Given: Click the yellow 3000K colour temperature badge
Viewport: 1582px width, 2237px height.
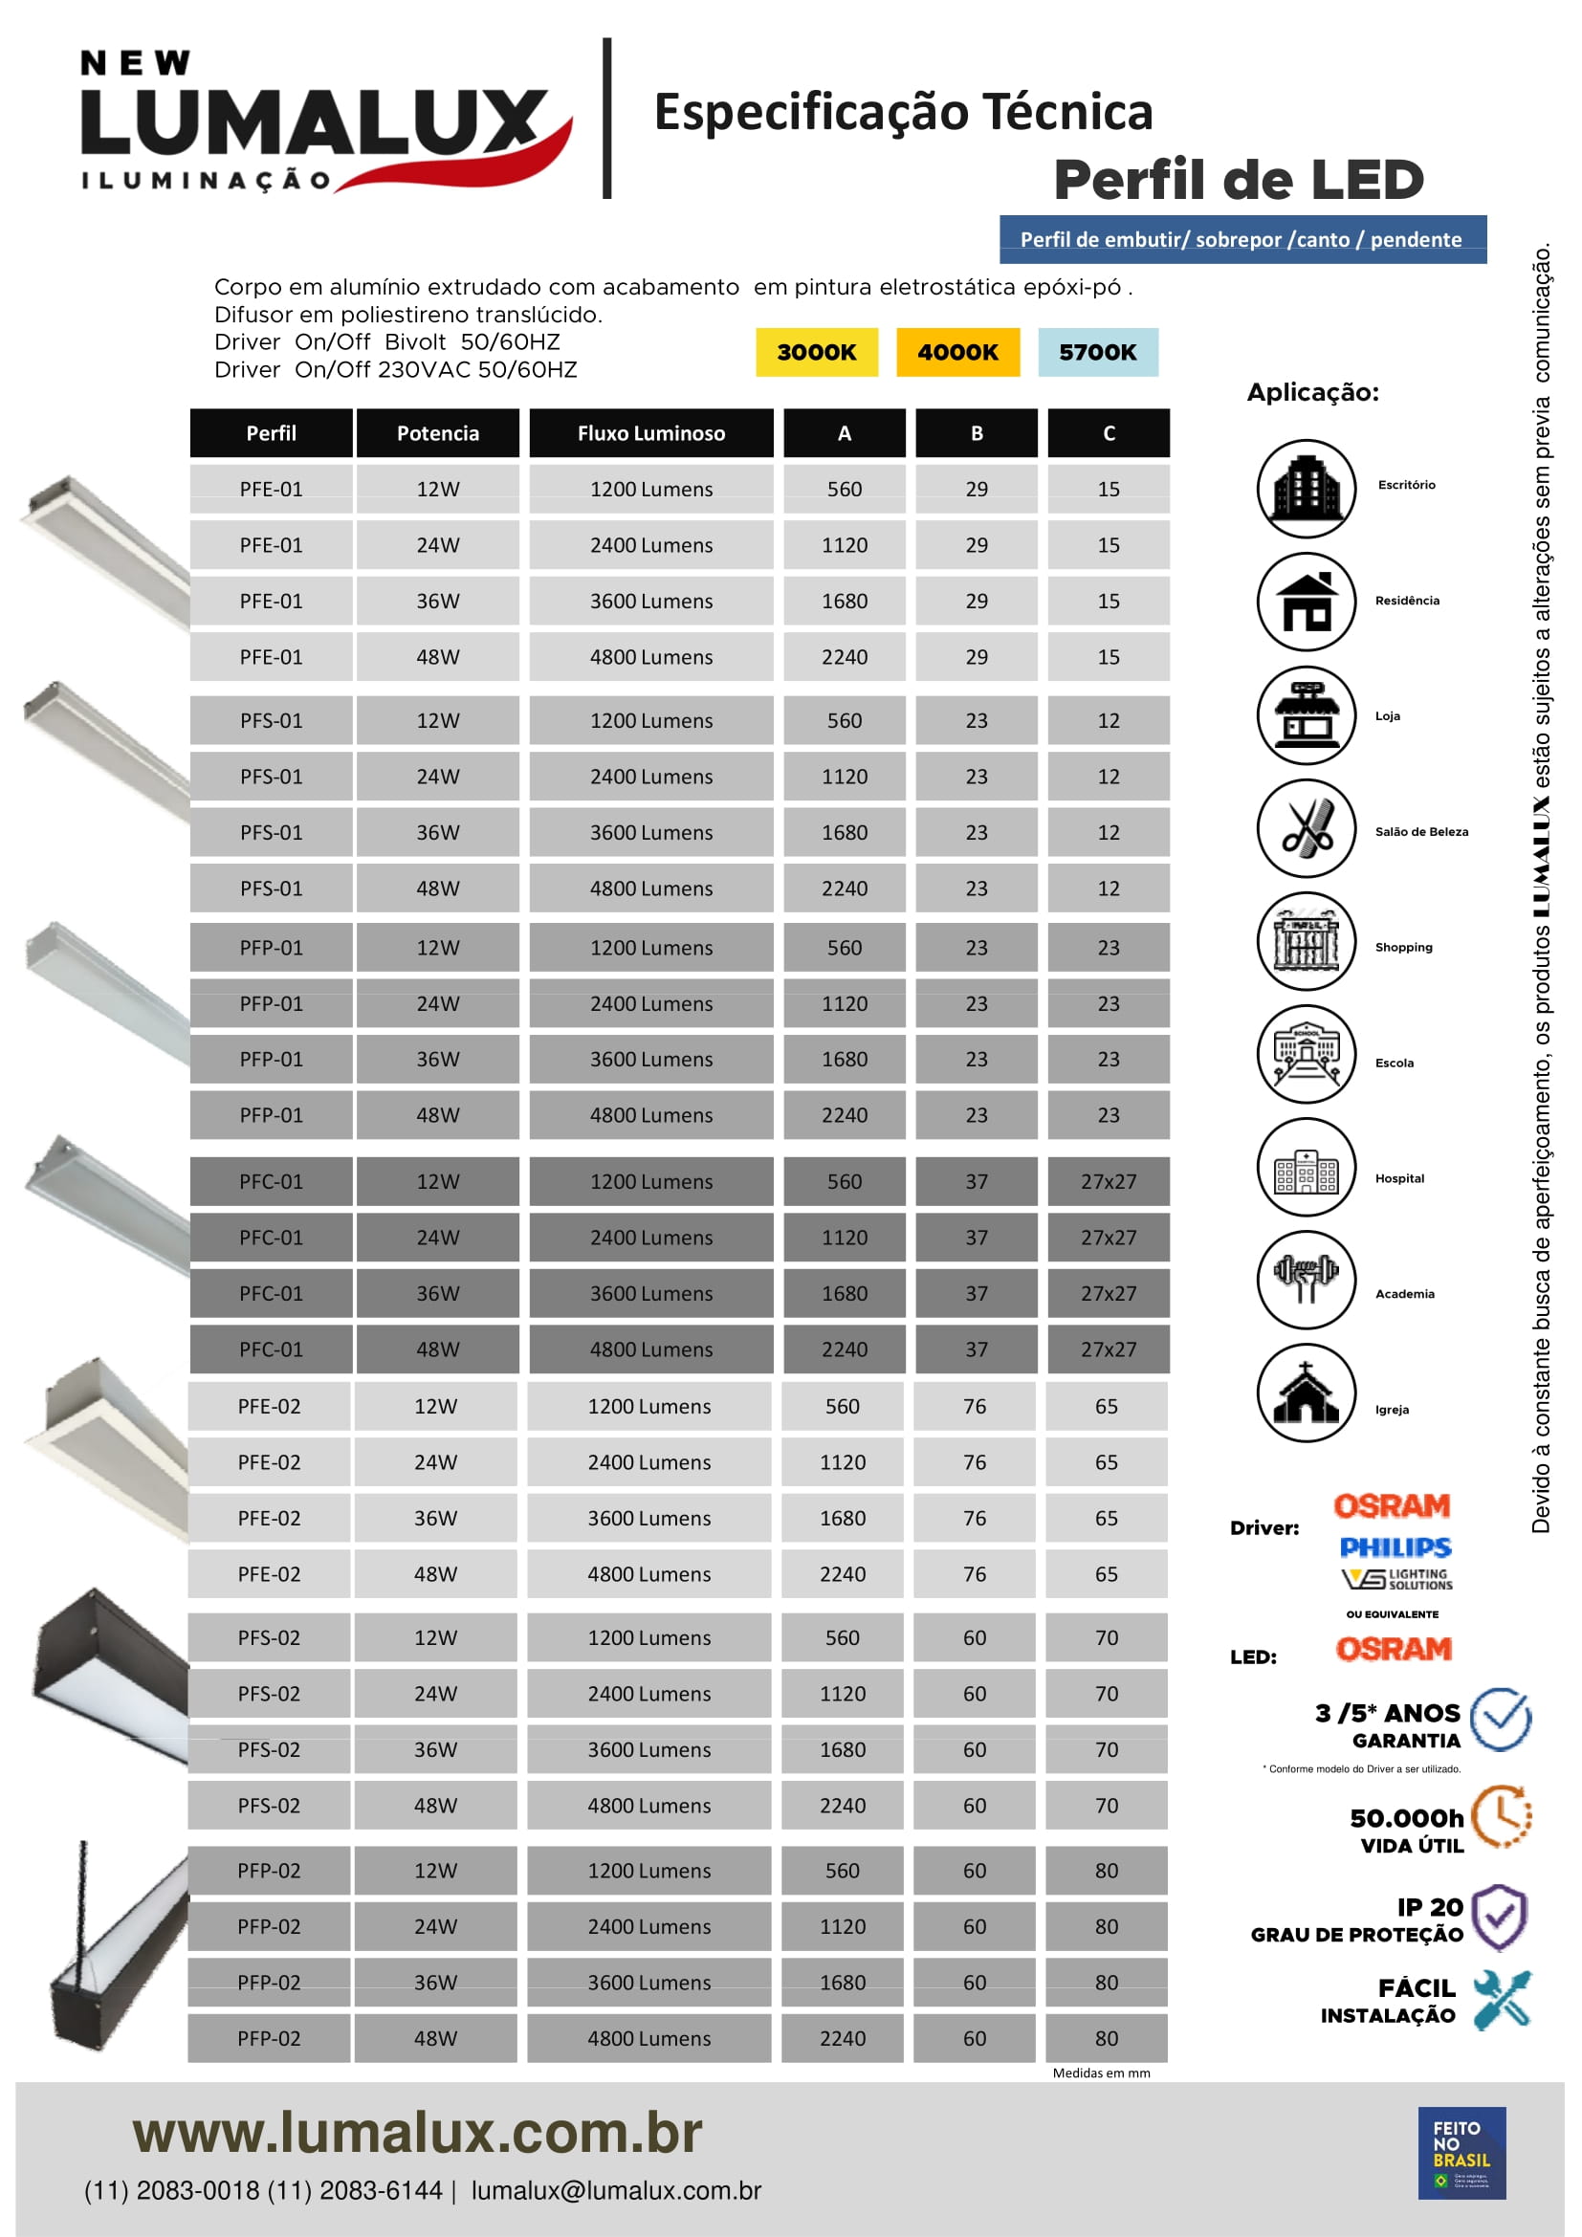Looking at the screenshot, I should [815, 352].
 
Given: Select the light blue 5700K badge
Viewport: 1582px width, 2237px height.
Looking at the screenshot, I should [1097, 352].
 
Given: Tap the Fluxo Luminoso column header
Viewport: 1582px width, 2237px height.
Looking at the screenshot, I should [650, 433].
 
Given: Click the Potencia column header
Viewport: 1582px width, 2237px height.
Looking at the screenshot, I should [437, 433].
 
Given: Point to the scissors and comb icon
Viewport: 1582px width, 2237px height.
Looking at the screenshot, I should [1306, 828].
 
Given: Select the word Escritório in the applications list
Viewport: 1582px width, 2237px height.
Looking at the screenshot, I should [1406, 484].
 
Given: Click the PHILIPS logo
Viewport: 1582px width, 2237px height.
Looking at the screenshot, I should [1395, 1547].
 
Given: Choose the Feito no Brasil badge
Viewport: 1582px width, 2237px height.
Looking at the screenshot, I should [1461, 2152].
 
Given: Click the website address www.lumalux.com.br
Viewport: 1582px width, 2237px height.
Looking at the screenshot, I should [417, 2133].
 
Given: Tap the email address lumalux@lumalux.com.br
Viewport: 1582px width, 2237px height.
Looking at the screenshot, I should [616, 2191].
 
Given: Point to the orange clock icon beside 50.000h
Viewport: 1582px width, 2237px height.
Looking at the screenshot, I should [1500, 1816].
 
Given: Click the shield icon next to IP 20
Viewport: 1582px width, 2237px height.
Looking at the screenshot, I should [1499, 1917].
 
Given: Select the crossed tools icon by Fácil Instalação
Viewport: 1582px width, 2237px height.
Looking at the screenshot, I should [1501, 1999].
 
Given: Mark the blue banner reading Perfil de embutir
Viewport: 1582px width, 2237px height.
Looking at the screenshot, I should [1242, 240].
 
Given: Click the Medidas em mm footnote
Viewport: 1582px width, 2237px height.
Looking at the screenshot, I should [1101, 2073].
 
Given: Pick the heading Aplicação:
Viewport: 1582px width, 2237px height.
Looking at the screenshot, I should [1312, 393].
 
